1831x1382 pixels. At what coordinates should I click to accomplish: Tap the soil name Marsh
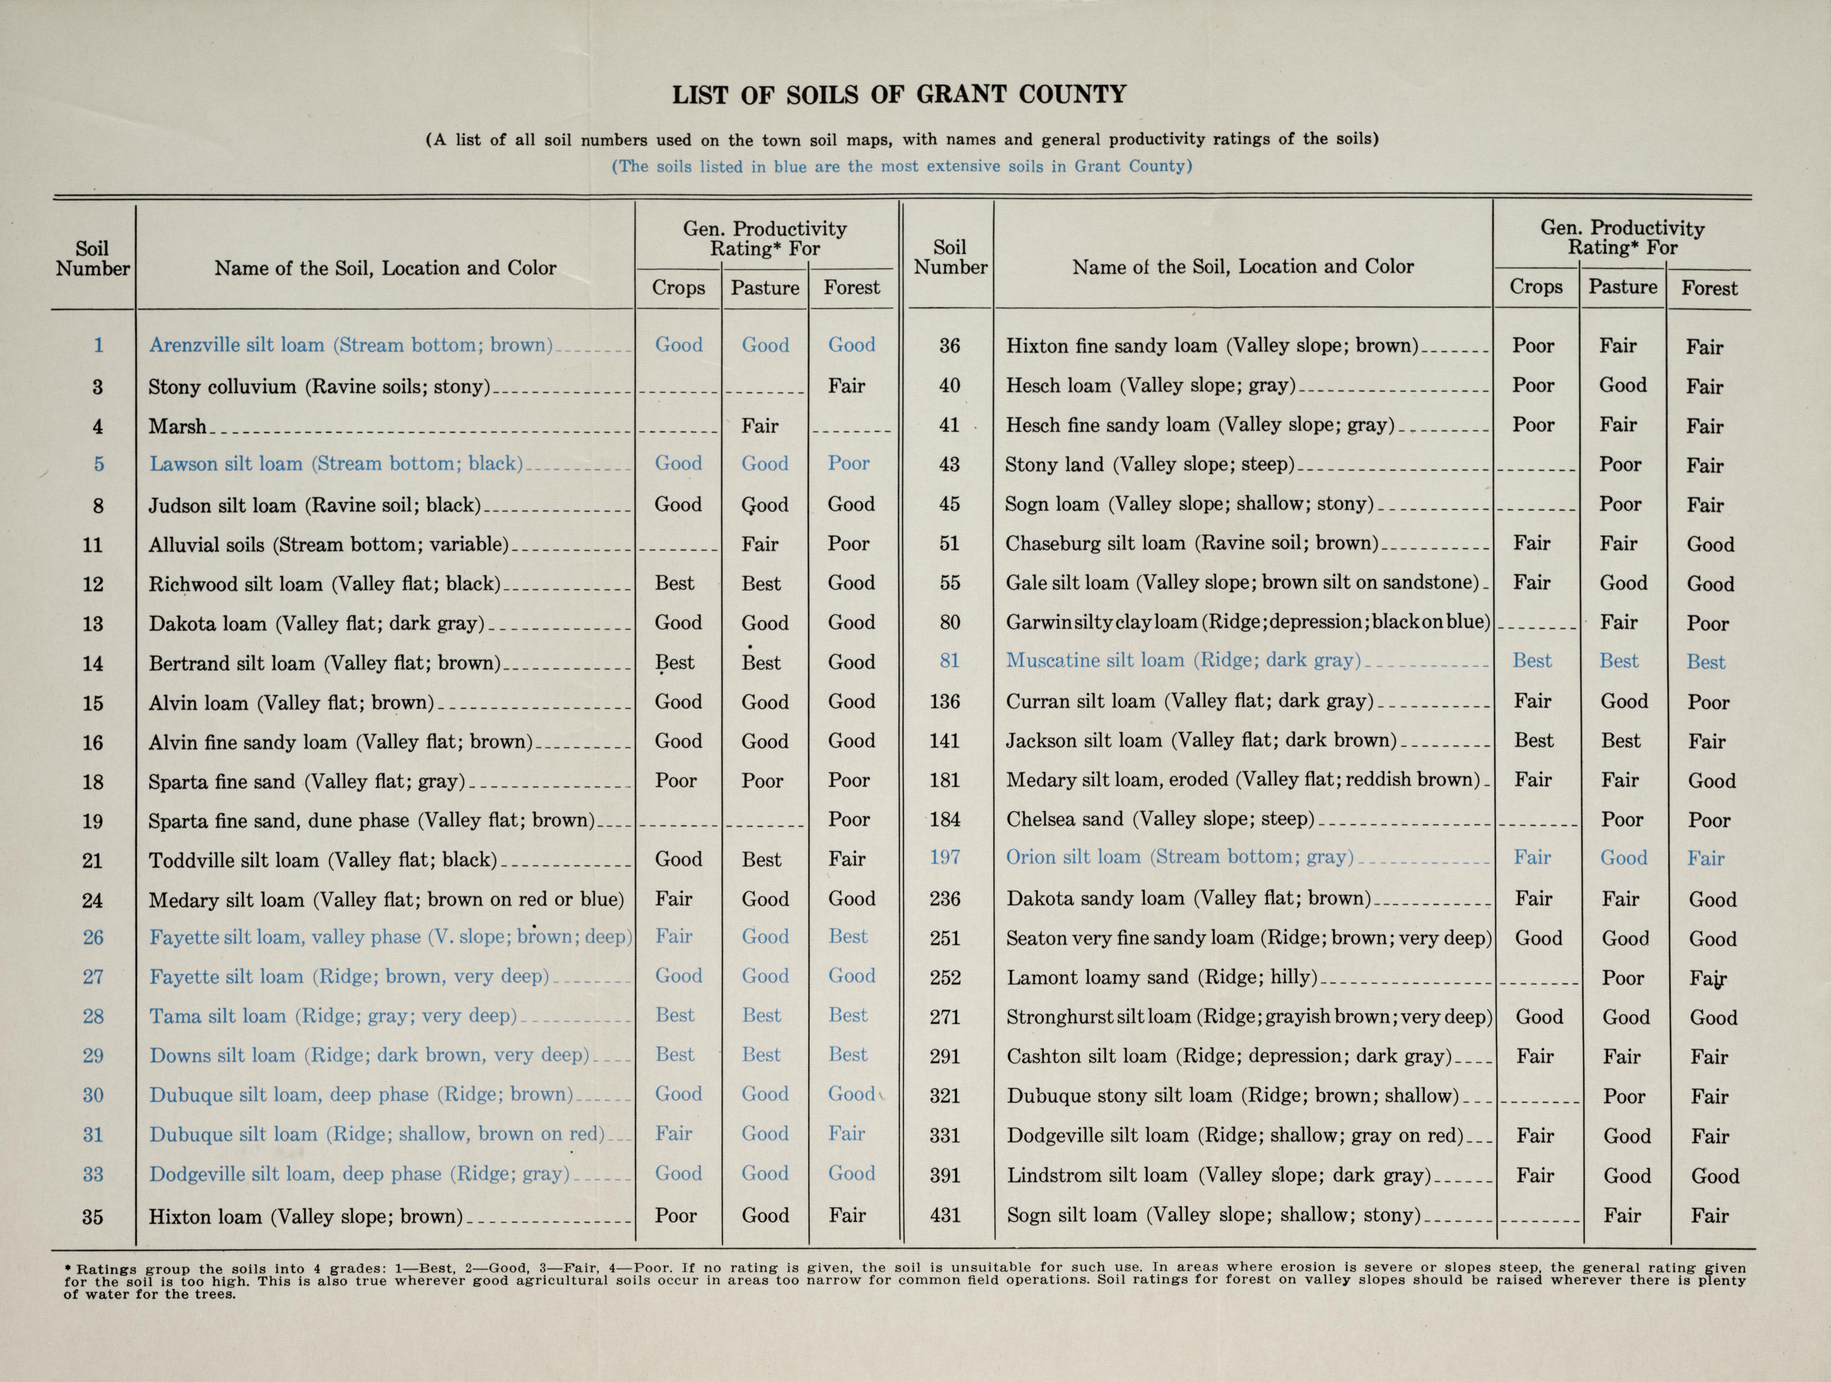[x=177, y=426]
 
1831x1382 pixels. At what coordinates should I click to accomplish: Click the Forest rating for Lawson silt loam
[x=848, y=464]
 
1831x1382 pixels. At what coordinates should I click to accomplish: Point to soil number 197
[x=945, y=857]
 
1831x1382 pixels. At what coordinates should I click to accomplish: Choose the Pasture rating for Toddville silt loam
[x=761, y=859]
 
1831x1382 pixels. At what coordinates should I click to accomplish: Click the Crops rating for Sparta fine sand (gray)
[x=676, y=781]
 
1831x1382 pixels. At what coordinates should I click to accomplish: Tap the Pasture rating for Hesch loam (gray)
[x=1623, y=385]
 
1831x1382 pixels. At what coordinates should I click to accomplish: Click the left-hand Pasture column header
[x=764, y=288]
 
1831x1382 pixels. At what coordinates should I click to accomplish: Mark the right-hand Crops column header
[x=1535, y=287]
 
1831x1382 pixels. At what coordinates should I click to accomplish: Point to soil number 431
[x=945, y=1216]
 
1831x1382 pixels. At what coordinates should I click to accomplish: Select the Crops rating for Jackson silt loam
[x=1533, y=740]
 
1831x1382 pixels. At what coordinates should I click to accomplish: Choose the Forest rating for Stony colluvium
[x=847, y=386]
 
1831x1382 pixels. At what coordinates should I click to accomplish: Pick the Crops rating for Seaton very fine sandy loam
[x=1538, y=938]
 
